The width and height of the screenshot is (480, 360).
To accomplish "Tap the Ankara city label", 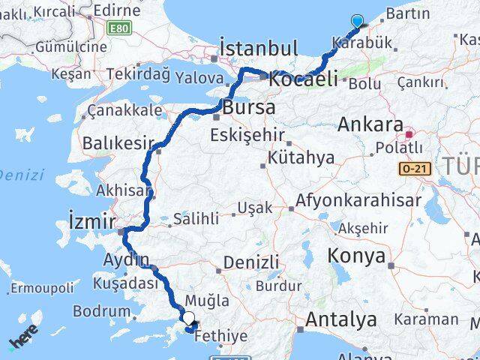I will tap(370, 124).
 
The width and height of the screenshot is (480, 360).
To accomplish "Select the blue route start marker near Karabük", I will tap(357, 22).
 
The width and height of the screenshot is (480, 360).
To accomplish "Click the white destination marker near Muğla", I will tap(188, 318).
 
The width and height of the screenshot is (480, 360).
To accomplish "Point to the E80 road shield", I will tap(118, 28).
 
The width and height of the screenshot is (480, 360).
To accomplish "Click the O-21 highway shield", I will tap(415, 170).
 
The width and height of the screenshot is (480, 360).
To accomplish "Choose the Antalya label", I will tap(341, 320).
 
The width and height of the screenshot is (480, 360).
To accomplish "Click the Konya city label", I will tap(356, 256).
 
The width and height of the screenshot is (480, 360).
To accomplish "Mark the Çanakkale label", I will tap(124, 110).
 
